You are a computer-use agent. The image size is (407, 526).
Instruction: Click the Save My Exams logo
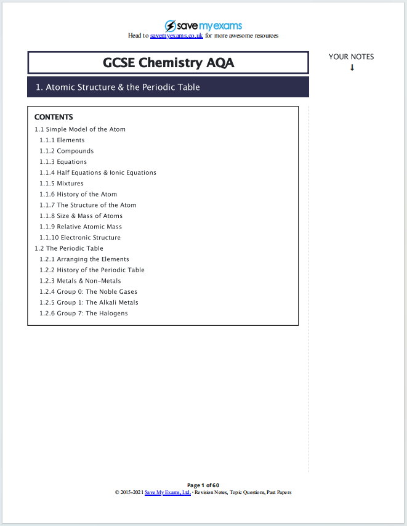click(203, 26)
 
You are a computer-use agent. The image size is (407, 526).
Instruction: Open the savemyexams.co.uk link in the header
click(177, 36)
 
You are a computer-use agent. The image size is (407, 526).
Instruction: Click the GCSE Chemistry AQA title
click(168, 63)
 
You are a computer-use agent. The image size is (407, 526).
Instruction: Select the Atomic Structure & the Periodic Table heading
click(118, 87)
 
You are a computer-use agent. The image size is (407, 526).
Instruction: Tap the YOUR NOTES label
click(351, 57)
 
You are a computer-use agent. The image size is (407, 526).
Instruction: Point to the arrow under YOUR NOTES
click(352, 68)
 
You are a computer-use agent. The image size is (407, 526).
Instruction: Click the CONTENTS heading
click(54, 117)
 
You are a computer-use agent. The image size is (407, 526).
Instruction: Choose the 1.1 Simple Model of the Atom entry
click(80, 129)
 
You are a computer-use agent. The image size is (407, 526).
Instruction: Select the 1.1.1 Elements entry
click(62, 140)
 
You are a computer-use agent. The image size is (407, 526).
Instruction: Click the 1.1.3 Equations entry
click(63, 162)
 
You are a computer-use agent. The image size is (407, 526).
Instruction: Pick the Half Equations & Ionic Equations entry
click(98, 173)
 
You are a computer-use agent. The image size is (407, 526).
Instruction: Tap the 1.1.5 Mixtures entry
click(62, 184)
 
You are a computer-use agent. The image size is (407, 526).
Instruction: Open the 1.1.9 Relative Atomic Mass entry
click(81, 227)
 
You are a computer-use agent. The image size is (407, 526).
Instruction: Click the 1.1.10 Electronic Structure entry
click(80, 238)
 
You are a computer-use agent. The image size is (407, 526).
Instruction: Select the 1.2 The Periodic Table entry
click(69, 248)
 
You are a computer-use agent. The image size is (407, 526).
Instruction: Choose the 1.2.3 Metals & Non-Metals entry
click(80, 281)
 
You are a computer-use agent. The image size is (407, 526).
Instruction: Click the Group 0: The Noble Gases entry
click(89, 292)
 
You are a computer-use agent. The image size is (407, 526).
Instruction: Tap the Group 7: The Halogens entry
click(84, 314)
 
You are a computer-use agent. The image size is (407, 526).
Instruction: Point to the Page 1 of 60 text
click(203, 485)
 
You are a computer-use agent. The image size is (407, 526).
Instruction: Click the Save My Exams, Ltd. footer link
click(167, 493)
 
